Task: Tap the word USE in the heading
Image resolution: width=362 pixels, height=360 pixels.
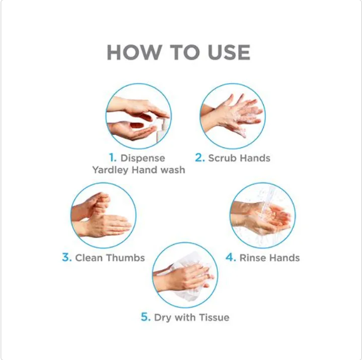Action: point(229,53)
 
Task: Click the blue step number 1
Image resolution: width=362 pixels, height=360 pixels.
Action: point(112,158)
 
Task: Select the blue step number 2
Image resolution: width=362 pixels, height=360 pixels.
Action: point(200,158)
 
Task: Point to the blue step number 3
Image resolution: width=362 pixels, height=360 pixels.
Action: point(67,257)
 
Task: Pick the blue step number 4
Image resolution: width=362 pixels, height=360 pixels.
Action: point(231,257)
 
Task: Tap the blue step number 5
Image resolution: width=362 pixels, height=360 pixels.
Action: point(146,317)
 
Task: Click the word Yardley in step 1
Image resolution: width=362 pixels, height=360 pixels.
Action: point(110,170)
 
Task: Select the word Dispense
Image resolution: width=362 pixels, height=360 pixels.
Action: point(143,158)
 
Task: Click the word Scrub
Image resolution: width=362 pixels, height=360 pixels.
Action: point(223,158)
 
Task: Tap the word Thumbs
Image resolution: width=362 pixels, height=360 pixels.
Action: point(126,258)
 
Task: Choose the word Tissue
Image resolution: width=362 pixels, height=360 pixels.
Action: point(214,318)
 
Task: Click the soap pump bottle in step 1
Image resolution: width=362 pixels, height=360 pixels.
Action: point(162,129)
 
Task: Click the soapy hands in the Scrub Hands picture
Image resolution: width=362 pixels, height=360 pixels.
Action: point(233,115)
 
